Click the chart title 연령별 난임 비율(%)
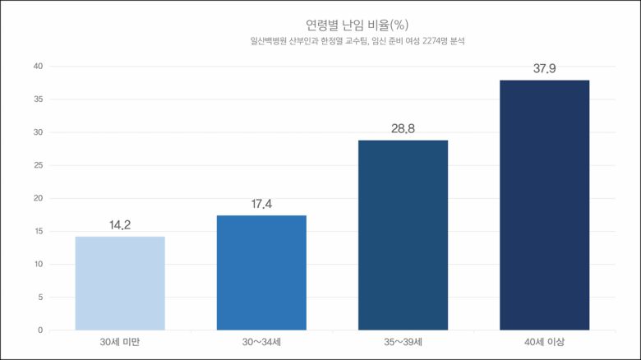(x=351, y=25)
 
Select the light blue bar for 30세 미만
(x=120, y=284)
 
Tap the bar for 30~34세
(x=261, y=273)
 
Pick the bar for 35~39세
(x=403, y=235)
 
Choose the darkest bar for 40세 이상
(x=544, y=205)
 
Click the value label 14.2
(x=120, y=224)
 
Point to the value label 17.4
(x=261, y=203)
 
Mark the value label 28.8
(x=403, y=128)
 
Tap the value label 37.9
(x=544, y=68)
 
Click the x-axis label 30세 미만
(x=120, y=342)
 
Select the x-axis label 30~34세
(x=261, y=342)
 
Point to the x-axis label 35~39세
(x=403, y=342)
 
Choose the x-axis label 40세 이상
(x=544, y=342)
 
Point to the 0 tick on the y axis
(x=39, y=330)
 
